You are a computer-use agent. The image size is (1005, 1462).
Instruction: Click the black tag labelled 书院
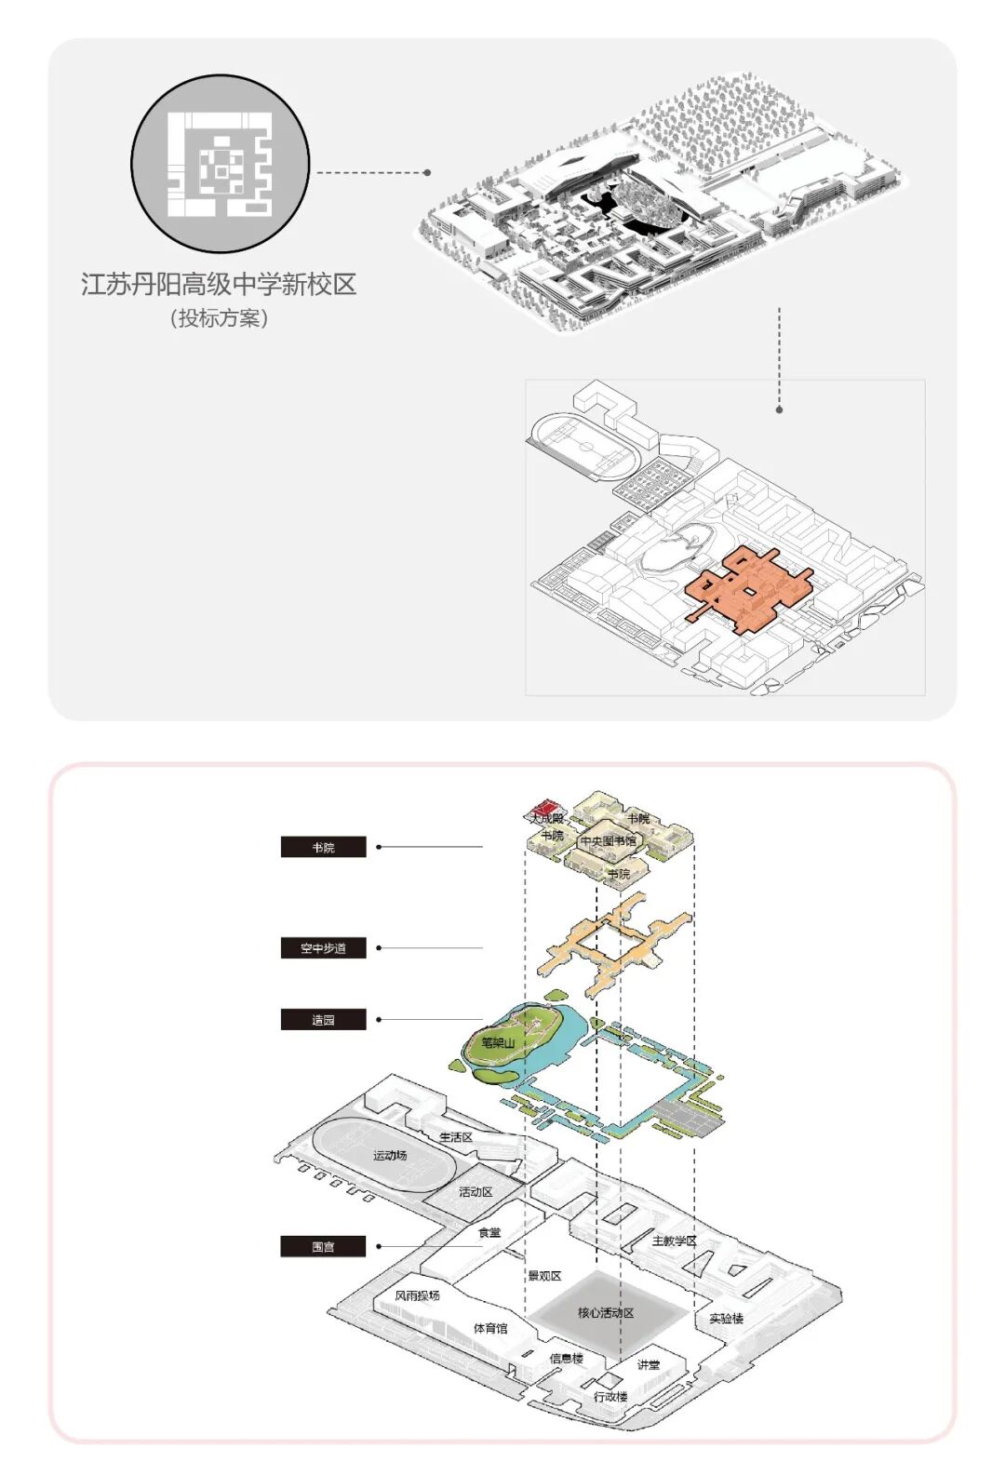[x=323, y=847]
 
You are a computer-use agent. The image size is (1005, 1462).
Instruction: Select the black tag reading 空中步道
[x=323, y=948]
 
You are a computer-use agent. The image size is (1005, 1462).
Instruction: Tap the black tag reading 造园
[x=323, y=1020]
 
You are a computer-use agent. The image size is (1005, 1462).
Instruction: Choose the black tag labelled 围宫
[x=323, y=1246]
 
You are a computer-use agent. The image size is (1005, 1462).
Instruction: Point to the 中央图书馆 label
[x=608, y=841]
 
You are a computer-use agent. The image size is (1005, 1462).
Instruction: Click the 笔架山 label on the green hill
[x=498, y=1042]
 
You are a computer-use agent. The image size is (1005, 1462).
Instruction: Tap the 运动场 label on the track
[x=390, y=1155]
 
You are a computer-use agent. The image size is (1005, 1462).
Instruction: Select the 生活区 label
[x=456, y=1137]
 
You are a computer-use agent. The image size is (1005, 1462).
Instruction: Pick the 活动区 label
[x=476, y=1191]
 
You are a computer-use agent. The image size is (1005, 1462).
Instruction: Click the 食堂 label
[x=489, y=1232]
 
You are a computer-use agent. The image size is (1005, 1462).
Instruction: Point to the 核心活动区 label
[x=606, y=1312]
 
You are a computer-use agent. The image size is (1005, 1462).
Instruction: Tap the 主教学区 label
[x=674, y=1241]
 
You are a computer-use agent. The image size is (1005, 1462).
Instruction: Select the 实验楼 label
[x=726, y=1318]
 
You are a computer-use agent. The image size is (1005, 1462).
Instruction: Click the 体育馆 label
[x=490, y=1328]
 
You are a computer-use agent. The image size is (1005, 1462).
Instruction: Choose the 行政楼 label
[x=610, y=1396]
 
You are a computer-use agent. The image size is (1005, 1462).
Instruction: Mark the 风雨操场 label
[x=417, y=1295]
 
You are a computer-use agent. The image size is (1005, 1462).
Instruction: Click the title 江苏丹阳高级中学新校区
[x=219, y=284]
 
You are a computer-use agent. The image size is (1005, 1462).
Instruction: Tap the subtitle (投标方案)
[x=219, y=318]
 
